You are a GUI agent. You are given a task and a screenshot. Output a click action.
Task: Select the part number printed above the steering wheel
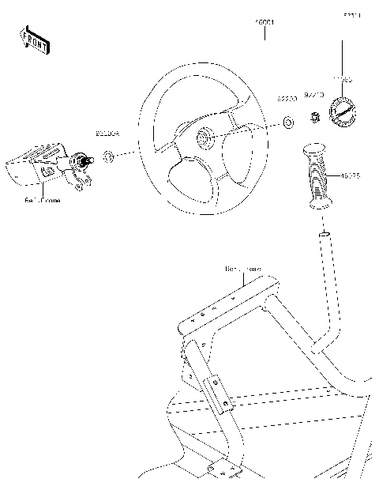[x=264, y=24]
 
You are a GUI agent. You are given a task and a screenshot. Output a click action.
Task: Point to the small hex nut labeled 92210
[x=313, y=119]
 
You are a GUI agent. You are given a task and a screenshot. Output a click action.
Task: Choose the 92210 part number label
[x=313, y=95]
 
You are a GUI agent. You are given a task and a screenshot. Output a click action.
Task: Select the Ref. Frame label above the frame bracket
[x=242, y=269]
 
